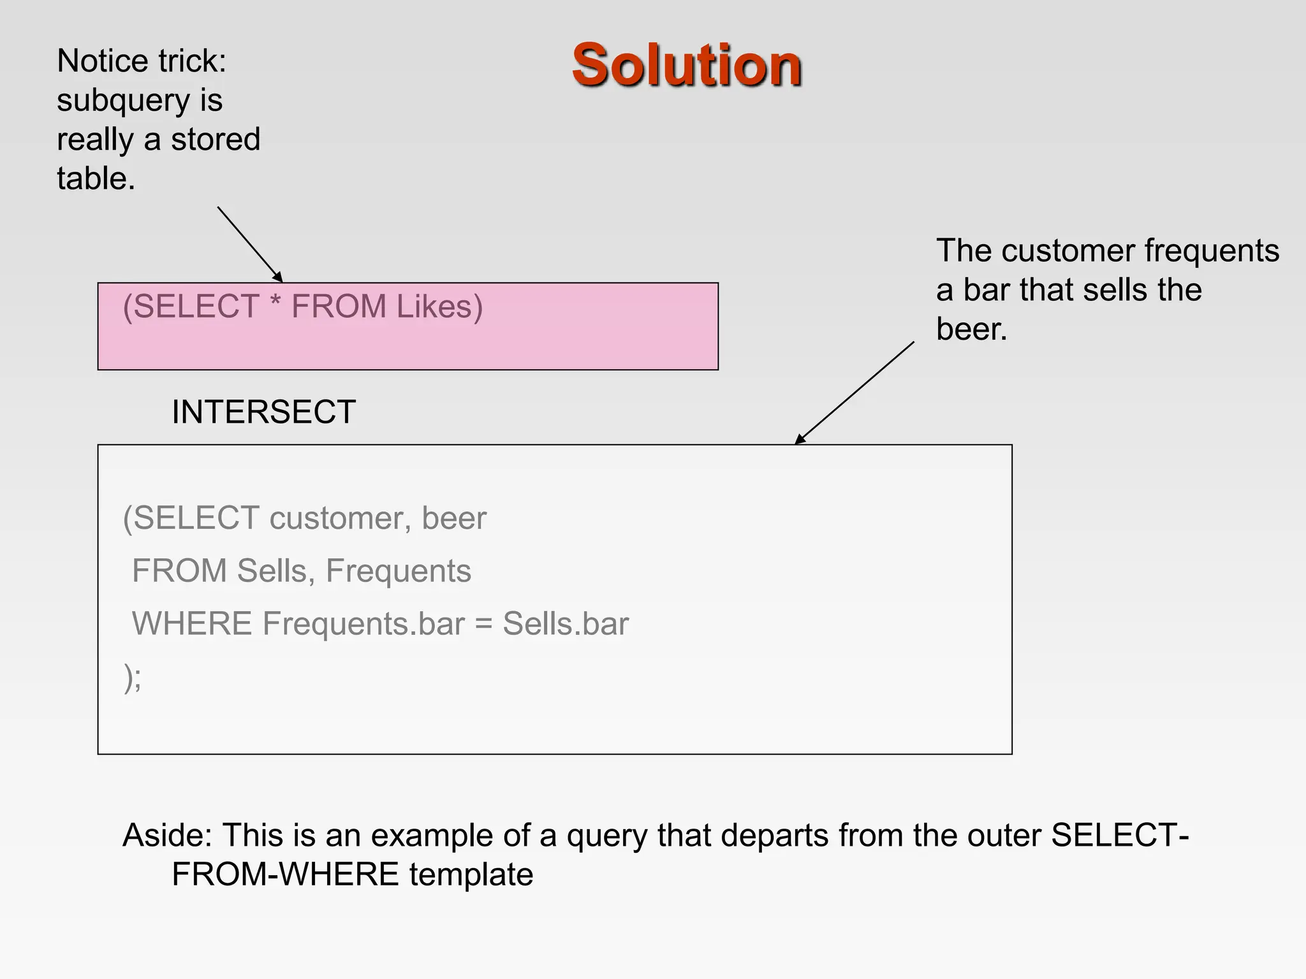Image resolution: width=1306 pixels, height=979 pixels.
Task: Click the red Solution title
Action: [x=687, y=65]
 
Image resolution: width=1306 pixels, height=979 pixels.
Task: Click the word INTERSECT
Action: [x=263, y=412]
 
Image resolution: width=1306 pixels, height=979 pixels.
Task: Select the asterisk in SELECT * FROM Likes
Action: [x=275, y=303]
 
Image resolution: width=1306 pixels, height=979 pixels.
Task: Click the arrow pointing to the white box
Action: [x=855, y=393]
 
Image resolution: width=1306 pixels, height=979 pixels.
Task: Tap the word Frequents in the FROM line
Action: [x=398, y=570]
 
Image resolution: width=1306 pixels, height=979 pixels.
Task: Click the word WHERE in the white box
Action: [x=192, y=623]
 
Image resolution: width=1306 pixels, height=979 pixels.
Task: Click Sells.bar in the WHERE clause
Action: [x=566, y=623]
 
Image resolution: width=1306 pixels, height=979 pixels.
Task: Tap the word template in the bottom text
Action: [x=471, y=874]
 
